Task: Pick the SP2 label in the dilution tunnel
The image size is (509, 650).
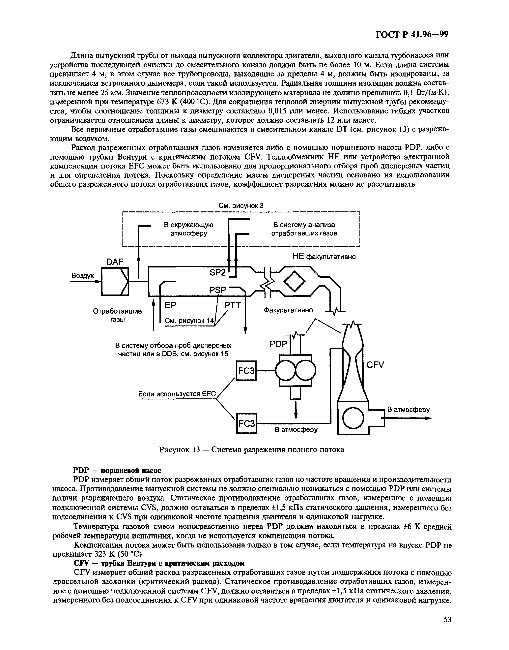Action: point(219,272)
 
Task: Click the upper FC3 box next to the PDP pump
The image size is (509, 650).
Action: point(246,371)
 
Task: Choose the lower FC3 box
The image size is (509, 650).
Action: point(246,423)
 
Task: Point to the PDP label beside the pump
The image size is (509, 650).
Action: point(278,344)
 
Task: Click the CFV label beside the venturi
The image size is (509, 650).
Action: point(375,365)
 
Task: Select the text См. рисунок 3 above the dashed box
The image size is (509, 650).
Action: point(241,206)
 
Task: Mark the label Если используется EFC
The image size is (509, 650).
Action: point(177,394)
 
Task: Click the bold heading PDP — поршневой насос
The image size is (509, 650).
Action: point(117,471)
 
